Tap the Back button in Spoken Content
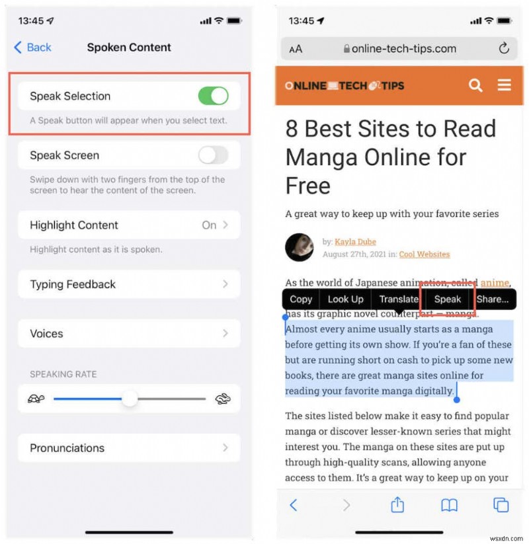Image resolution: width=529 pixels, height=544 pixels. (x=32, y=48)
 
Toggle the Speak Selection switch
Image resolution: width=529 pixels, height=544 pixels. (x=213, y=96)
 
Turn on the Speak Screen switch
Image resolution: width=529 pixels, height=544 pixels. (x=213, y=155)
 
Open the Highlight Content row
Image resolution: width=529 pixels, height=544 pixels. (x=129, y=225)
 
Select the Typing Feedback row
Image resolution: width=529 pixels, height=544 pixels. (x=129, y=284)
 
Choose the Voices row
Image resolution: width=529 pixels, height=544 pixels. (x=129, y=334)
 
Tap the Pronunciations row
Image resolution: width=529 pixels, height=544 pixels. (x=129, y=447)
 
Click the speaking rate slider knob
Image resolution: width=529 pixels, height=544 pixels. (x=130, y=399)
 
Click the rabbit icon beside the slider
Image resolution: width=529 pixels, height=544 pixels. (x=223, y=399)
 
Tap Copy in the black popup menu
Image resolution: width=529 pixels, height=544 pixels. (x=301, y=299)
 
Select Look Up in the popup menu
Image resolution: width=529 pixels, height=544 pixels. (x=345, y=299)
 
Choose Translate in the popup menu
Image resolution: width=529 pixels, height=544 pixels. (x=399, y=299)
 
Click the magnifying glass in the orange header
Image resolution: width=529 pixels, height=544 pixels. (x=475, y=85)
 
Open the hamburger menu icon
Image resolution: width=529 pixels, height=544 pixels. (x=505, y=85)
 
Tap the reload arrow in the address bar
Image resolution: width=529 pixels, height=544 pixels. (x=504, y=48)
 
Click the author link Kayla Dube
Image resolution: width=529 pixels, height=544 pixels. (x=355, y=242)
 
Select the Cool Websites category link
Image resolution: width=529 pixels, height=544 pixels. (x=425, y=254)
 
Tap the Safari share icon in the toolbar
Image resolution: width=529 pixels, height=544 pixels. (x=397, y=506)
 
